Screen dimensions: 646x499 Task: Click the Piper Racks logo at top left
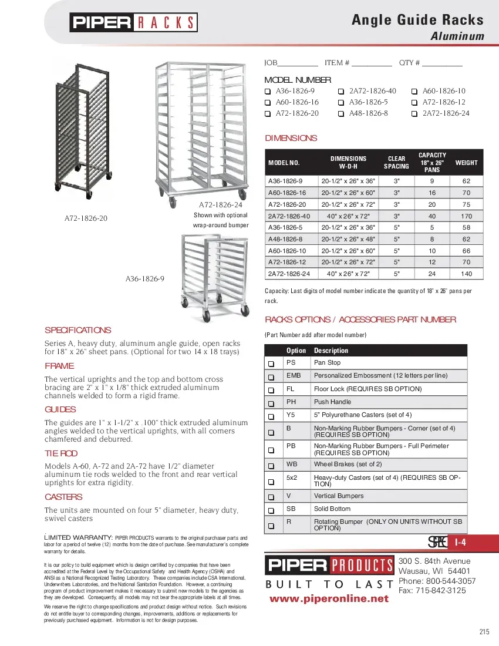point(134,22)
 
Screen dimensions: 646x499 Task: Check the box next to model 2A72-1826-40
point(340,92)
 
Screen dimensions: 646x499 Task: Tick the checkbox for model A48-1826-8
point(340,113)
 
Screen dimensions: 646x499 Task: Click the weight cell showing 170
point(466,216)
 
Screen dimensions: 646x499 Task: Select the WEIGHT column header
point(466,163)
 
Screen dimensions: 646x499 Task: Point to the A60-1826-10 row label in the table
point(286,251)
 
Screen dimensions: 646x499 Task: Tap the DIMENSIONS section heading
point(291,139)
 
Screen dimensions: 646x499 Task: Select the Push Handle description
point(332,402)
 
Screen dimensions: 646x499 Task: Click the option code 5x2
point(291,478)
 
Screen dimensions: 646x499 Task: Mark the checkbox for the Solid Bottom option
point(271,509)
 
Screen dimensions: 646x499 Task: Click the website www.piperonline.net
point(329,598)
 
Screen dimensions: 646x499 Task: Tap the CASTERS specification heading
point(63,497)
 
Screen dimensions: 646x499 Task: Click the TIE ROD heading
point(61,453)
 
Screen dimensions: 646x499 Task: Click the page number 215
point(484,632)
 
